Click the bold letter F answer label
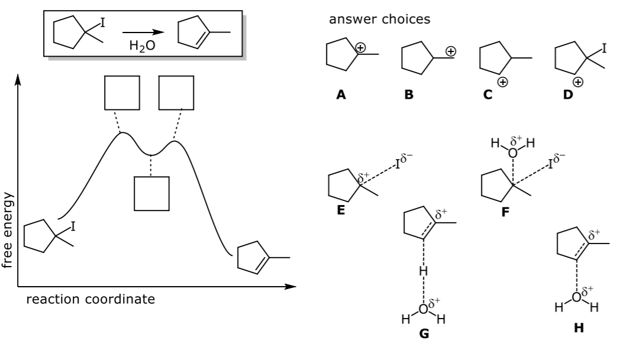click(505, 212)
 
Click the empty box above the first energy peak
click(122, 93)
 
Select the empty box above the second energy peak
click(176, 93)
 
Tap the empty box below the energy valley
click(151, 194)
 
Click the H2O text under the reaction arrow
click(143, 46)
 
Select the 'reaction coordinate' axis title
click(90, 299)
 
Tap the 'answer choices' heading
click(379, 20)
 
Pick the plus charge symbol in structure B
click(451, 52)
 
